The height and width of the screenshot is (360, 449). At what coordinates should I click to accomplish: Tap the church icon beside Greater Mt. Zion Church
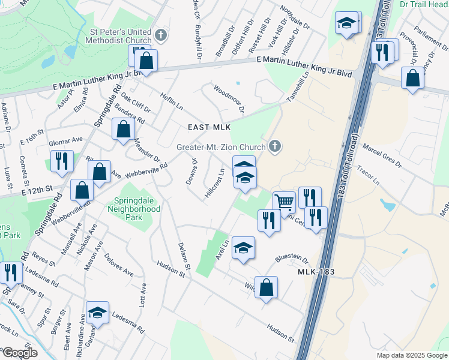pos(276,146)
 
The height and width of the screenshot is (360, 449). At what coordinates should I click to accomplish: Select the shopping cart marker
pos(285,202)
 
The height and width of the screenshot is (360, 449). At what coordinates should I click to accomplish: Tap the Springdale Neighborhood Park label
pos(134,209)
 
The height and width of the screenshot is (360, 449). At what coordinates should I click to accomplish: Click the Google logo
pos(19,353)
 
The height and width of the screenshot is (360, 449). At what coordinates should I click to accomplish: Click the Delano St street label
pos(183,256)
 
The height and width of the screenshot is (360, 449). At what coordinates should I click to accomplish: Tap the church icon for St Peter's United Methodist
pos(160,35)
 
